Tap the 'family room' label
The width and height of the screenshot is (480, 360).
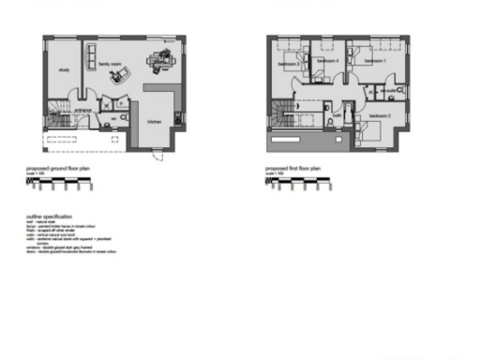(x=111, y=65)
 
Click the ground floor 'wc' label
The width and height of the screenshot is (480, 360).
(x=112, y=118)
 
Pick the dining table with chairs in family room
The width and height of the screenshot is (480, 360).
(x=157, y=62)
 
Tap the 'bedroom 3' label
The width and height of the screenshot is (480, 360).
(x=287, y=64)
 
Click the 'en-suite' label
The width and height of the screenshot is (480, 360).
(x=387, y=91)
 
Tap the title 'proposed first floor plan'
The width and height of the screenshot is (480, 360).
(x=293, y=171)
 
